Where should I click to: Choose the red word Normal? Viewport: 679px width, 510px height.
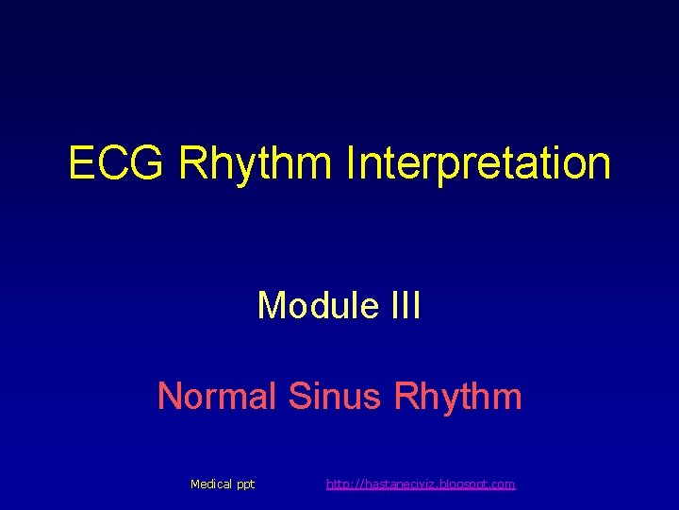click(x=217, y=395)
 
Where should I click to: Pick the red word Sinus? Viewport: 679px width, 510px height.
click(x=334, y=395)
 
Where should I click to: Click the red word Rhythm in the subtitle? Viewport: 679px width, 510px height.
click(x=457, y=395)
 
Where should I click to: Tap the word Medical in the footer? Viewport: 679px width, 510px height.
click(x=211, y=484)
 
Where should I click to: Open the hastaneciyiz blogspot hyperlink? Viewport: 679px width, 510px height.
click(x=421, y=484)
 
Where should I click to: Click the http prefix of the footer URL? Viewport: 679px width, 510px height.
click(x=337, y=484)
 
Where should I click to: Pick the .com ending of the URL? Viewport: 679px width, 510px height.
click(x=503, y=484)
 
